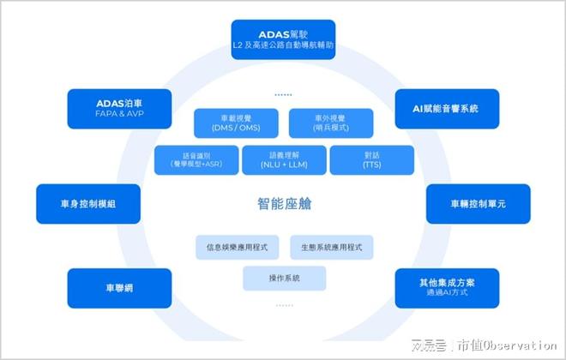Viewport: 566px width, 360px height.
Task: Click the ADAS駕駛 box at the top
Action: click(x=283, y=39)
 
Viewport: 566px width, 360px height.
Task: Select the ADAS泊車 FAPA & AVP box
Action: click(x=110, y=108)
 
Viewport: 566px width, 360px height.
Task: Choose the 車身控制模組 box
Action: click(x=88, y=204)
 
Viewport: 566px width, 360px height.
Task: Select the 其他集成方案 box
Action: click(x=447, y=287)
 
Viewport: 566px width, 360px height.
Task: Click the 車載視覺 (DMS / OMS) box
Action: click(x=236, y=123)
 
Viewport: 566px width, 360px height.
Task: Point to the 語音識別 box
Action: click(x=196, y=159)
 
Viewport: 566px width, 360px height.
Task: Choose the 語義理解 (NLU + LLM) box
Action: click(x=284, y=159)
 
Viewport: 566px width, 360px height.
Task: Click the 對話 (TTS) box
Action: click(x=371, y=159)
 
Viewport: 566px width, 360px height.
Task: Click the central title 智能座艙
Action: click(x=285, y=203)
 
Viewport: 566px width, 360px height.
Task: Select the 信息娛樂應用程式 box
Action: click(x=238, y=247)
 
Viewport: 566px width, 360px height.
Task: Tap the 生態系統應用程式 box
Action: click(x=332, y=247)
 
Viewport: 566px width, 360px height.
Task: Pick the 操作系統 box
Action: click(x=284, y=278)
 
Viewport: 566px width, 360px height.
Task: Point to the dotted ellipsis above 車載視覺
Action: click(x=283, y=94)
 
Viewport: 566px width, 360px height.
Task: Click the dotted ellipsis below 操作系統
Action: click(x=283, y=304)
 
